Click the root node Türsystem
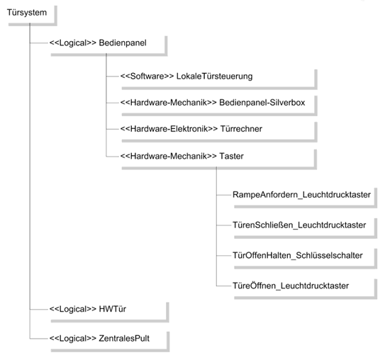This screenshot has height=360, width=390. [x=27, y=13]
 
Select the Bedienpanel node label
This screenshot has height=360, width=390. [x=123, y=43]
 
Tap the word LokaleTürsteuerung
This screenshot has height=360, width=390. [x=214, y=76]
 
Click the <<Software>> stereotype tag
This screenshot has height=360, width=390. [x=147, y=76]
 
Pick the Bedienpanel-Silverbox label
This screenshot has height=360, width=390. [x=262, y=103]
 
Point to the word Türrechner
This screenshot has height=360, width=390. [x=241, y=129]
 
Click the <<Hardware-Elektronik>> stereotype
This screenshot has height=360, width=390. [x=169, y=129]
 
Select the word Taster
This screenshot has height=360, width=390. [x=231, y=156]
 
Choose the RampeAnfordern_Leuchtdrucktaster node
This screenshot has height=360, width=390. [x=301, y=194]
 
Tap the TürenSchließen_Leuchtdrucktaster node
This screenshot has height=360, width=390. [x=299, y=225]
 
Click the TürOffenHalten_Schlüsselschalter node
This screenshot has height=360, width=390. [x=298, y=255]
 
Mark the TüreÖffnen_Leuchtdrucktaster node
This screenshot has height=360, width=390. [x=291, y=286]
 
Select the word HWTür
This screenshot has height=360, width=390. [x=113, y=309]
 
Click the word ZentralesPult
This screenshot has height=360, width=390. [x=124, y=338]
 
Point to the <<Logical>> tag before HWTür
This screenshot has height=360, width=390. [x=73, y=309]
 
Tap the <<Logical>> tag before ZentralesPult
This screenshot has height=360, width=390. [x=73, y=338]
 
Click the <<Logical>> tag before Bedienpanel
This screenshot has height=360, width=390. [x=73, y=43]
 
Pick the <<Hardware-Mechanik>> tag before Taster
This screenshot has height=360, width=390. [x=169, y=156]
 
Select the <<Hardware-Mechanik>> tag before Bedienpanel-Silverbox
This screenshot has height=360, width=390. [x=169, y=103]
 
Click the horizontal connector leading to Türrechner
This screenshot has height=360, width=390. [x=113, y=129]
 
